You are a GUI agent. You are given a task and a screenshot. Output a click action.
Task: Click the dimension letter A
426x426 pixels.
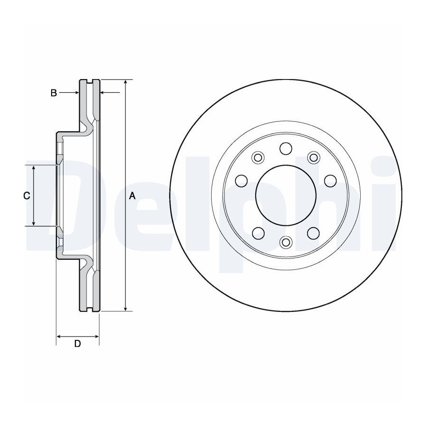point(132,195)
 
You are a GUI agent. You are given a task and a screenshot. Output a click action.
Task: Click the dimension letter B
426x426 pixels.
point(54,93)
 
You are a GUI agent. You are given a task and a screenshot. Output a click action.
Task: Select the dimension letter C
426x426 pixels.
point(27,195)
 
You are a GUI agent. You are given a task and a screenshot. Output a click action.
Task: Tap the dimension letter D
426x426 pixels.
point(78,344)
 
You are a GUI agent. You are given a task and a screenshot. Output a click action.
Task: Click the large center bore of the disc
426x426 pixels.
point(286,195)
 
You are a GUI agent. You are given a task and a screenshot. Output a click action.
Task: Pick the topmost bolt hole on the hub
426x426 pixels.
point(286,149)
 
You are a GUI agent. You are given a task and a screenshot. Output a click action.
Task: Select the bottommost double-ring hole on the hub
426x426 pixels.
point(286,242)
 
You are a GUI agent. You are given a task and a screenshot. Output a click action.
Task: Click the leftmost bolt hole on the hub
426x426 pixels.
point(241,181)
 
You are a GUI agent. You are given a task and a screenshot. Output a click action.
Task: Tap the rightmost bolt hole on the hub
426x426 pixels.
point(330,181)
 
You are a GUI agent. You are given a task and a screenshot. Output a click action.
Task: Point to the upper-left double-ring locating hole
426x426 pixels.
point(257,157)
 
